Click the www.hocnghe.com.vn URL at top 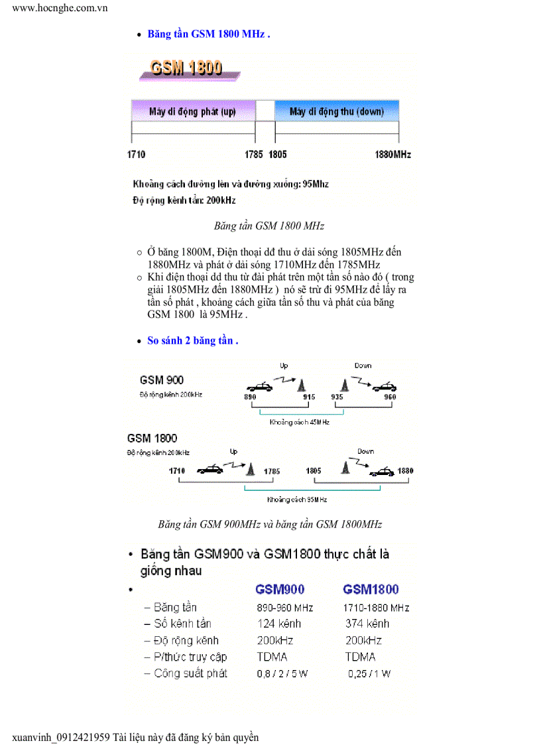(x=60, y=8)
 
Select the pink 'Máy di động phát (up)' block (x=192, y=111)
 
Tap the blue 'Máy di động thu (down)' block (x=337, y=111)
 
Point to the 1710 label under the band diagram (x=136, y=155)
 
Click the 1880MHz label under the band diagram (x=392, y=155)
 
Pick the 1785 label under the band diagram (x=254, y=155)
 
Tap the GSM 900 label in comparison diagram (x=162, y=380)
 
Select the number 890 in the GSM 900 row (x=250, y=397)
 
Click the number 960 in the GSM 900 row (x=390, y=397)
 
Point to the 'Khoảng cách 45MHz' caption (x=299, y=422)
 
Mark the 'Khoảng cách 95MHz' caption (x=297, y=500)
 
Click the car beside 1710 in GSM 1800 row (x=209, y=470)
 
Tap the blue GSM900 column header (x=280, y=589)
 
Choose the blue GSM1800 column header (x=371, y=589)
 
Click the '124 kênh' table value (x=279, y=624)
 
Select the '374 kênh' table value (x=367, y=624)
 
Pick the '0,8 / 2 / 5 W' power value (x=282, y=674)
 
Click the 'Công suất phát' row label (x=190, y=673)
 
